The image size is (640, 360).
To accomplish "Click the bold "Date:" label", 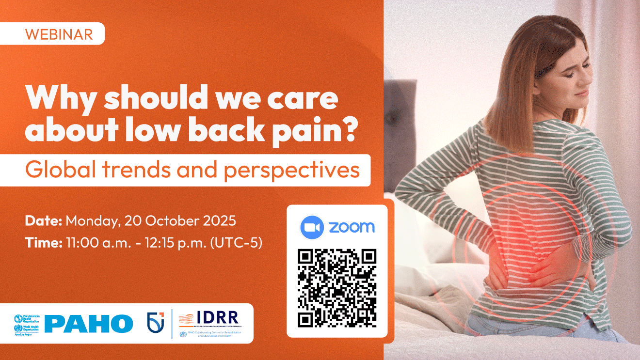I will coord(44,221).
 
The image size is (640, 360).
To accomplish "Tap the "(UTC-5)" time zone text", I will coord(236,243).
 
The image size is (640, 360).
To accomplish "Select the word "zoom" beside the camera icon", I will coord(352,227).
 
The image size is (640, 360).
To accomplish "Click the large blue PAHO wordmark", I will coord(89,324).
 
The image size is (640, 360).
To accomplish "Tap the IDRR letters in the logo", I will coord(218,318).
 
